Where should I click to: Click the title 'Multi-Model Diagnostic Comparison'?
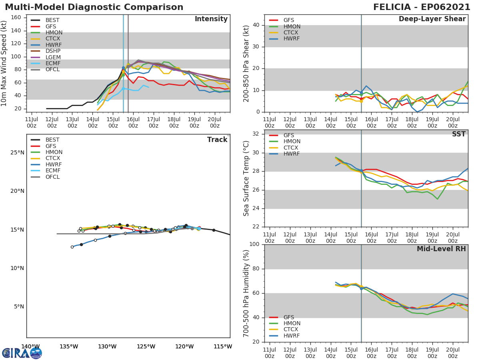tap(94, 7)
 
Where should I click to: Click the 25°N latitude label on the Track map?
tap(17, 153)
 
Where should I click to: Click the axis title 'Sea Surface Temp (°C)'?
tap(246, 179)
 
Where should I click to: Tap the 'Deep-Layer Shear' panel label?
tap(432, 19)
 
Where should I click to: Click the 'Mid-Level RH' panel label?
tap(441, 249)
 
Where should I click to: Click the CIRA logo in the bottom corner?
tap(22, 353)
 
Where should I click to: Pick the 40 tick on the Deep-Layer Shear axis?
tap(257, 25)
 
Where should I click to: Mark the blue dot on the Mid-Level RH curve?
tap(361, 288)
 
